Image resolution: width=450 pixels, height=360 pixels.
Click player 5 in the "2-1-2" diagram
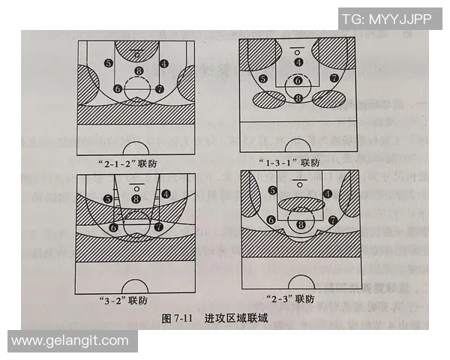(x=109, y=64)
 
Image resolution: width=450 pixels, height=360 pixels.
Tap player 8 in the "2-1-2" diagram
(x=138, y=72)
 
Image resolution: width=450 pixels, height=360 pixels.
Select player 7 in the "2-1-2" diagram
(x=159, y=88)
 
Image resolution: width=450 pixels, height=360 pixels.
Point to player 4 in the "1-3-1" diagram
(x=298, y=62)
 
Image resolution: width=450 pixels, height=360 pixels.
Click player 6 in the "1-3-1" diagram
(x=298, y=80)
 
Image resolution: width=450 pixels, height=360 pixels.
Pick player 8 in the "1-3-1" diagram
(x=298, y=98)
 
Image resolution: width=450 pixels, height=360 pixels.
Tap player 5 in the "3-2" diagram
(x=109, y=199)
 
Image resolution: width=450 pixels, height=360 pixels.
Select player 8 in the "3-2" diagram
(x=136, y=199)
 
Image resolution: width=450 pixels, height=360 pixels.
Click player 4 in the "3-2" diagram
(x=165, y=193)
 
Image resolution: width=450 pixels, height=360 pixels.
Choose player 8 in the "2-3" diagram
(x=301, y=223)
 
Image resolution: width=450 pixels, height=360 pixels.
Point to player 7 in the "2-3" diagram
(x=332, y=220)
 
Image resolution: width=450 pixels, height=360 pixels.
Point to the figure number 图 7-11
(x=178, y=319)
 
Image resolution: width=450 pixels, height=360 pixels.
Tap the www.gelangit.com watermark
(x=70, y=340)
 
